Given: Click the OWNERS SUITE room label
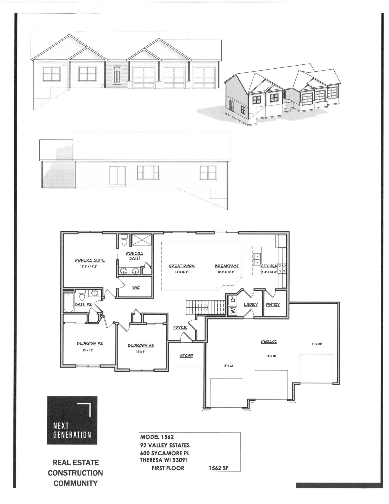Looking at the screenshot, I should point(90,260).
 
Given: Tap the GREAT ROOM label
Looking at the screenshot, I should point(182,266).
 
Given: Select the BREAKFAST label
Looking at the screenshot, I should point(227,266).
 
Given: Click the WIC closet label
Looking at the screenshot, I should point(136,287).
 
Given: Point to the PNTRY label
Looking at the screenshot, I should point(273,304).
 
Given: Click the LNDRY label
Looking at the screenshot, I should point(251,304).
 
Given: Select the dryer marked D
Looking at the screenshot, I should point(233,300).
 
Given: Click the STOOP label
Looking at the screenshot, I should point(186,355).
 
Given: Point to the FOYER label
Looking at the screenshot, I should point(180,328).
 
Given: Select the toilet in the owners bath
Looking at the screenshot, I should point(124,240).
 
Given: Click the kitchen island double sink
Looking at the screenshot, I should point(257,260).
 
